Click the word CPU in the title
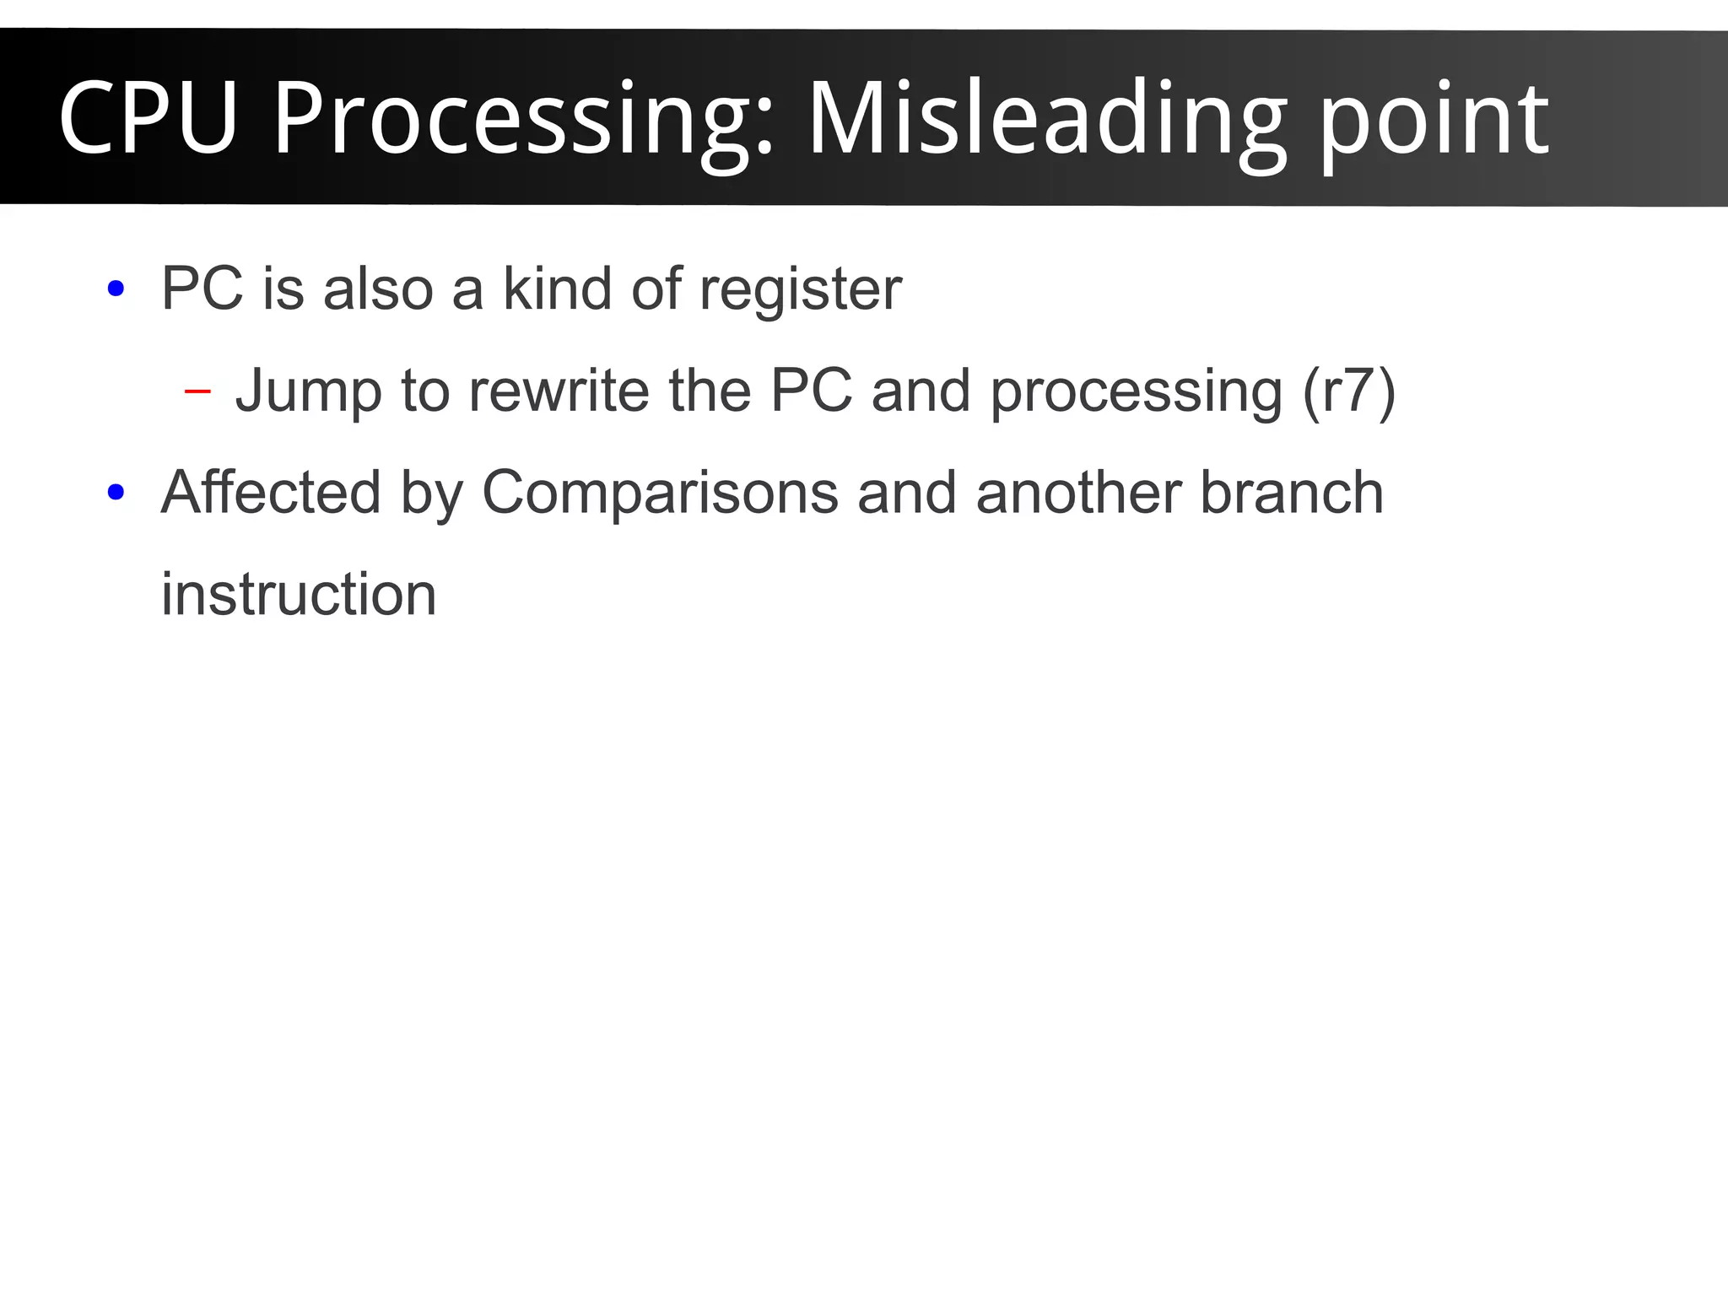tap(148, 118)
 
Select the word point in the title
tap(1434, 122)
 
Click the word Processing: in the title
tap(523, 122)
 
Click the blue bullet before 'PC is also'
tap(116, 289)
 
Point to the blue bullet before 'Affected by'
tap(116, 492)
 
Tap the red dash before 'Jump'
tap(197, 391)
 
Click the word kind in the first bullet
tap(558, 289)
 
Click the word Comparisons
tap(660, 494)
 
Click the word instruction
tap(299, 594)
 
